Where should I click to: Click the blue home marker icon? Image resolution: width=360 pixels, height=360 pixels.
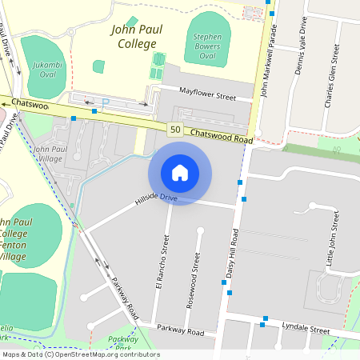[180, 173]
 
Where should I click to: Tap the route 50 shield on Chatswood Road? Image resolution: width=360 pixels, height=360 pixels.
[174, 129]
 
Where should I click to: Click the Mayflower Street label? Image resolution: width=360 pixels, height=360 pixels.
[208, 97]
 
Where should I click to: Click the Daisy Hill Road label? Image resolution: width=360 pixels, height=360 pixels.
[233, 254]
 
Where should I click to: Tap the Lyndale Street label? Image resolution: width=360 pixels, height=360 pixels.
[306, 329]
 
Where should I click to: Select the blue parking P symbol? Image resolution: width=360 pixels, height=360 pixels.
[105, 102]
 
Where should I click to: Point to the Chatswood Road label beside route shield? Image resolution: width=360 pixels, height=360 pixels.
[222, 136]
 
